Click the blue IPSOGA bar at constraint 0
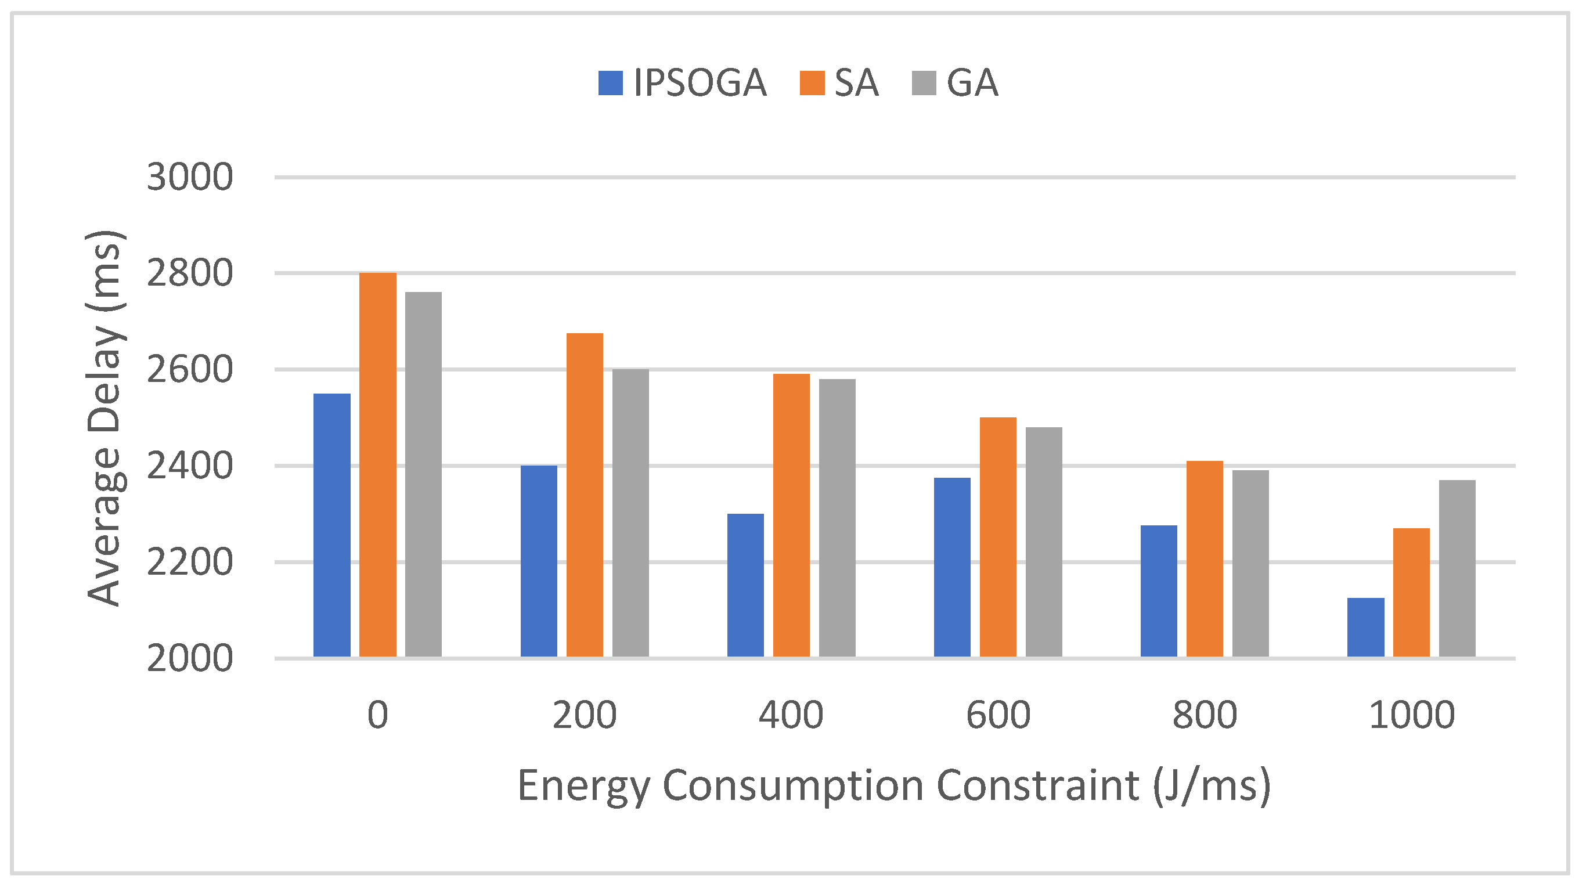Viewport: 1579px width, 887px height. tap(331, 525)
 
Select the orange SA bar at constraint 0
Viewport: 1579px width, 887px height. tap(377, 464)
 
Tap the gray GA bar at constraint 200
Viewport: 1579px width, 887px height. tap(630, 513)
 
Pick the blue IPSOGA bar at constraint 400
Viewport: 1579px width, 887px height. tap(745, 585)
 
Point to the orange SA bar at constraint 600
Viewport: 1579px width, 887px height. tap(998, 537)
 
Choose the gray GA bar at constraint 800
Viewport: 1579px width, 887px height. tap(1250, 563)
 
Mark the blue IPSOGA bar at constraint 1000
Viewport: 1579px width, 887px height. tap(1366, 627)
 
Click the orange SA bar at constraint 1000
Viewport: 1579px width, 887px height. tap(1411, 592)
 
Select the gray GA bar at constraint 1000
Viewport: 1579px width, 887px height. tap(1457, 568)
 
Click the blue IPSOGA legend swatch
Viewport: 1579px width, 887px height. tap(610, 84)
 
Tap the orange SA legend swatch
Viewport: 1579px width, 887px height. tap(812, 84)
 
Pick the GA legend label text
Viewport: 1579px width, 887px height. tap(972, 83)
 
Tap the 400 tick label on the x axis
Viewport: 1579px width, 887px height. tap(791, 715)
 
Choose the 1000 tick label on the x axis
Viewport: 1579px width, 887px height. tap(1411, 715)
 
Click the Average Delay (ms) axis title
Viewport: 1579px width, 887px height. tap(104, 418)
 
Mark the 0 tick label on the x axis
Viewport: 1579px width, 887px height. tap(377, 715)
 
